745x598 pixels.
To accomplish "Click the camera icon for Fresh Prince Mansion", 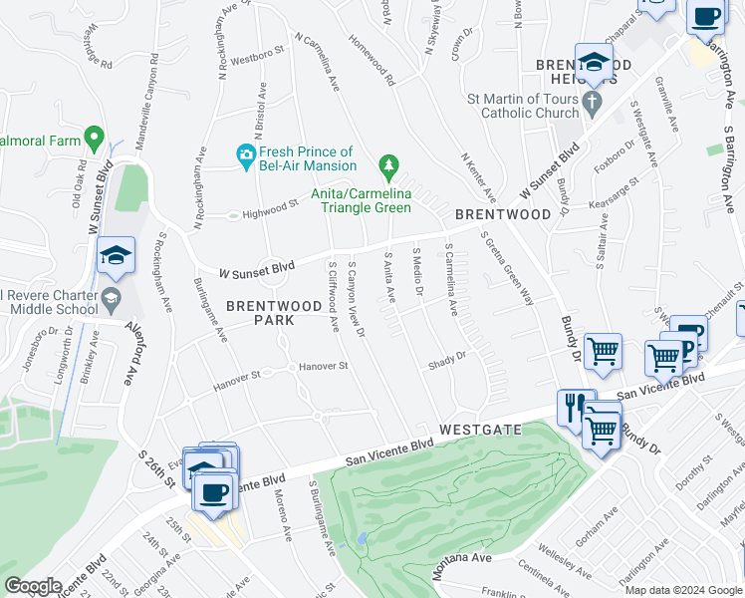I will pos(245,154).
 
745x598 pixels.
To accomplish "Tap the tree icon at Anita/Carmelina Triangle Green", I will pos(388,164).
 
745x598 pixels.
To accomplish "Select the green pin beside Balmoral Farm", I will pos(95,137).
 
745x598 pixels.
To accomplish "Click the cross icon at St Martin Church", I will pos(593,100).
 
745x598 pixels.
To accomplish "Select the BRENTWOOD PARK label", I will pos(259,313).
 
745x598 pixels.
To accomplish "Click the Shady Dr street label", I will pos(447,360).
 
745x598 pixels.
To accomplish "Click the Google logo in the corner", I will pos(33,586).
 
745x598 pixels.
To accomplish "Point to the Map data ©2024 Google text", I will pos(682,590).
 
